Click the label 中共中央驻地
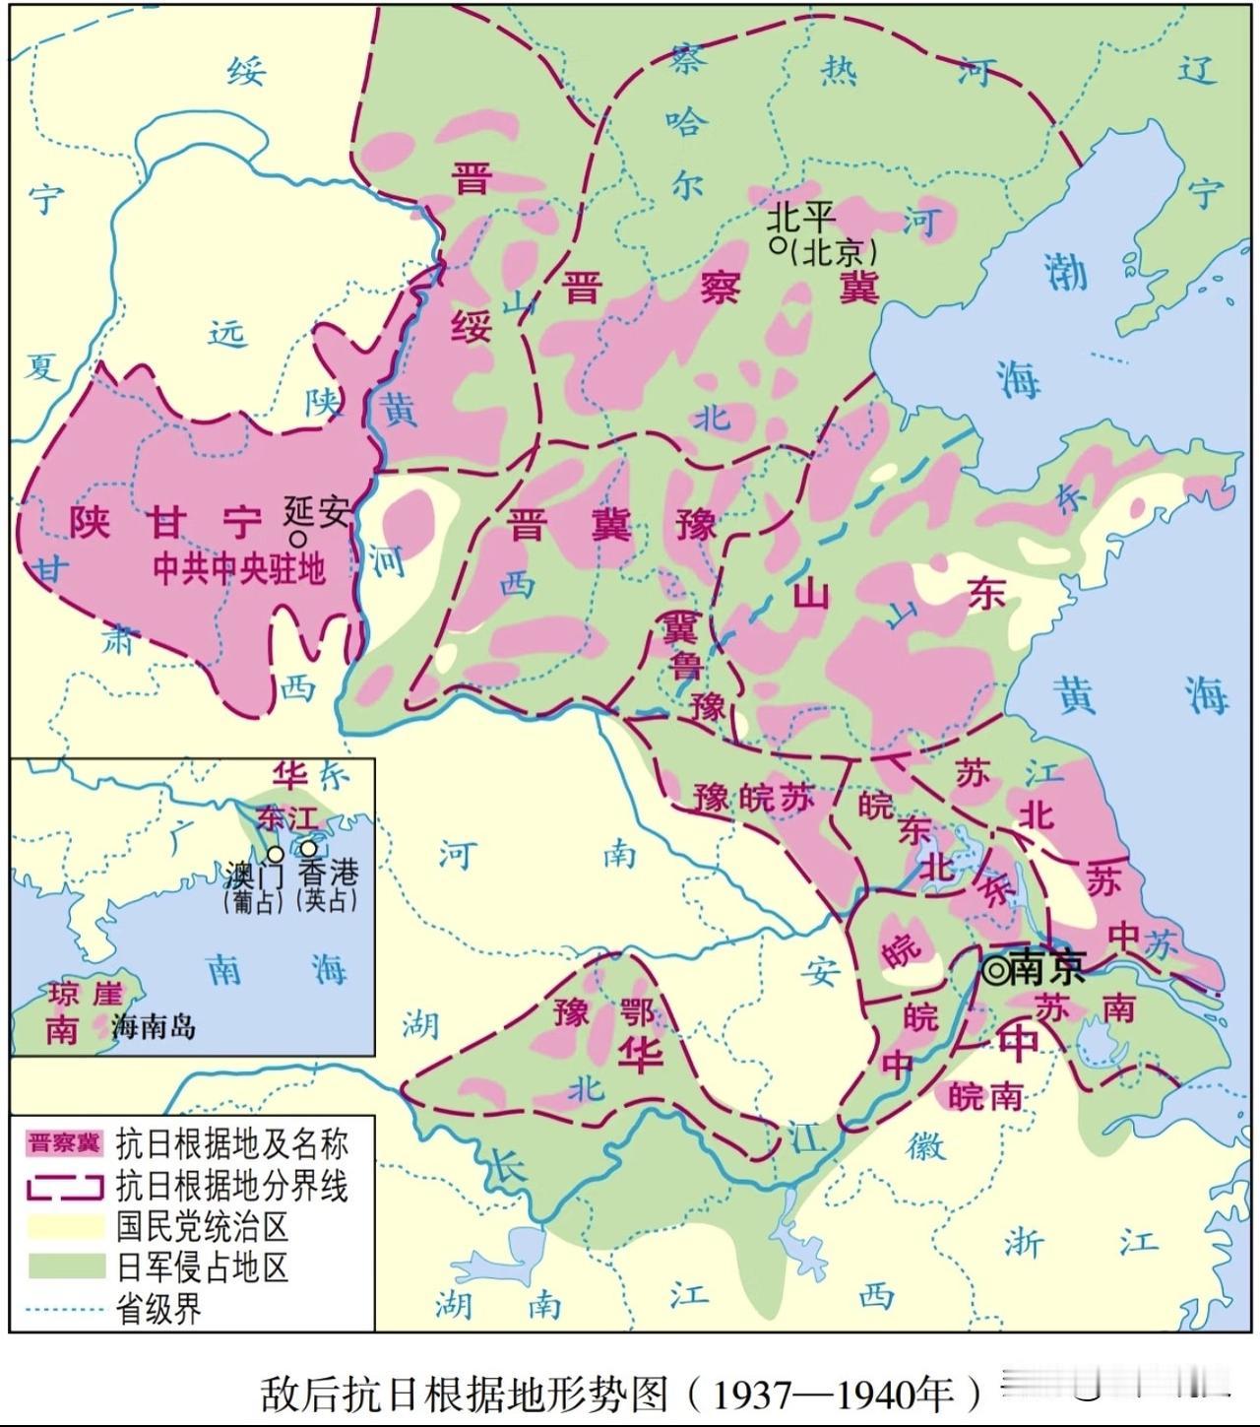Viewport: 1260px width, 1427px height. point(239,569)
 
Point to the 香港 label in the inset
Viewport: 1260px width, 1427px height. point(328,873)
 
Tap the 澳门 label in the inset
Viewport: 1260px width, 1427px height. point(255,874)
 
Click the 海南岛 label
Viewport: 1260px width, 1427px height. point(154,1026)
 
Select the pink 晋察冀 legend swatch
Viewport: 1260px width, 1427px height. point(65,1143)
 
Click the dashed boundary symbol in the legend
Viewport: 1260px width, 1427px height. point(65,1186)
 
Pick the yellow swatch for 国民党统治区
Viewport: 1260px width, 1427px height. point(65,1226)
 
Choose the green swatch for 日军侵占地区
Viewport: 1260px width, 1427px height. point(65,1266)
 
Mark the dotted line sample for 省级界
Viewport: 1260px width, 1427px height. point(65,1309)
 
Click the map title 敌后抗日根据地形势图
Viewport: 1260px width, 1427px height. point(464,1394)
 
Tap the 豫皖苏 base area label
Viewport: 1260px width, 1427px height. point(754,797)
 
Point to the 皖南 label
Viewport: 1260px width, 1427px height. point(985,1095)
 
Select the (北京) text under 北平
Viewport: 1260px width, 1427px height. point(832,252)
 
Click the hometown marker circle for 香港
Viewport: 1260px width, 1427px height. point(309,848)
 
